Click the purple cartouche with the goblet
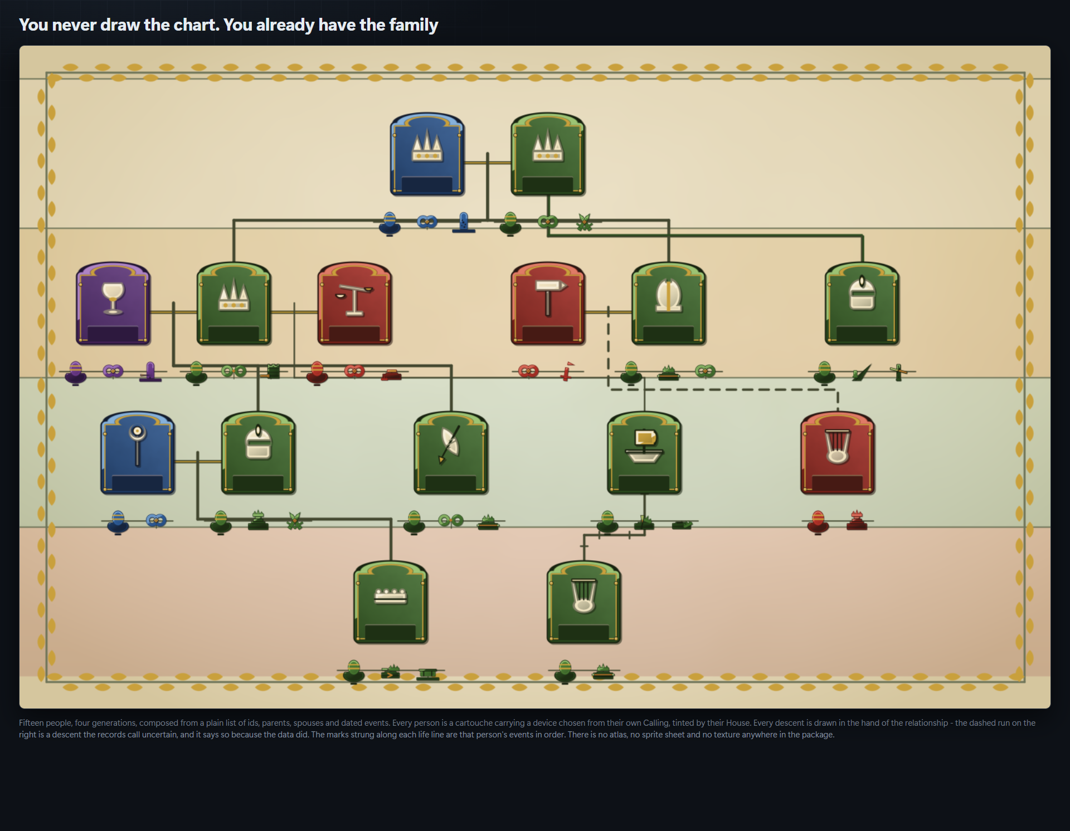tap(113, 304)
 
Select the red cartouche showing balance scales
tap(354, 304)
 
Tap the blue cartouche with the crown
tap(427, 154)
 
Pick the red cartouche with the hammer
tap(548, 304)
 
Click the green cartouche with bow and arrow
tap(451, 453)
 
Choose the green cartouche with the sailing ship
tap(644, 453)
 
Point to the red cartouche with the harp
tap(838, 453)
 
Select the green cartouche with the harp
tap(583, 602)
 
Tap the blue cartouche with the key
tap(138, 453)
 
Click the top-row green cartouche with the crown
tap(548, 154)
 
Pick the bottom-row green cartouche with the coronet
tap(391, 602)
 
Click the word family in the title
tap(414, 25)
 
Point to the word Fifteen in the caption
tap(31, 723)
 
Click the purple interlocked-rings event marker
tap(113, 371)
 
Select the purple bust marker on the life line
tap(76, 373)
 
